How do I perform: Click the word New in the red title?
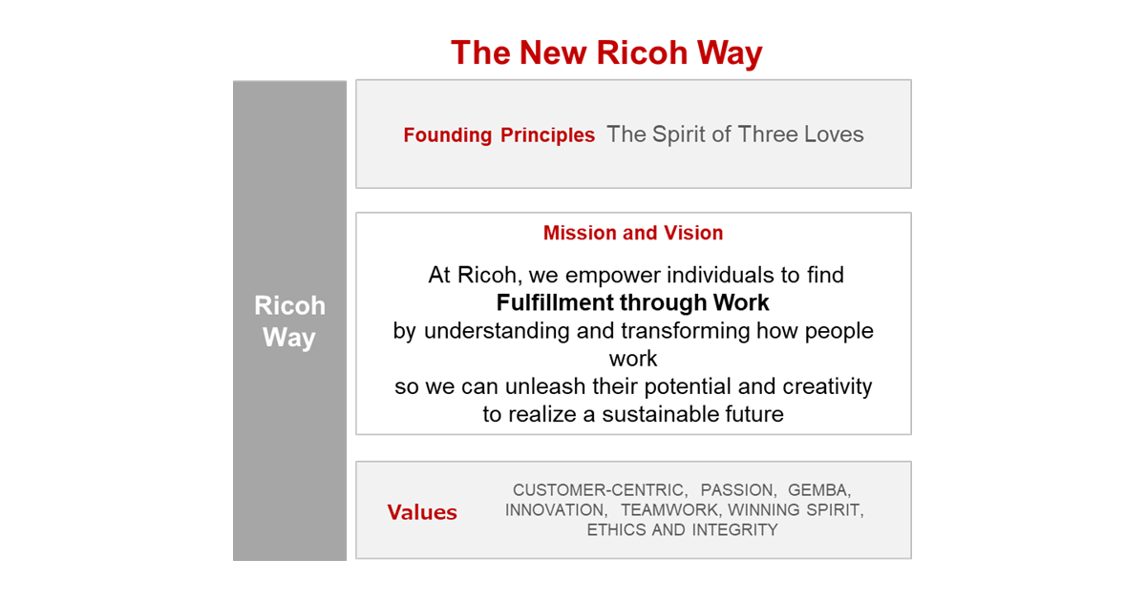pos(554,52)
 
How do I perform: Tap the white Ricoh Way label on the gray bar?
pos(289,321)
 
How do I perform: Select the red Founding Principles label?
pos(499,135)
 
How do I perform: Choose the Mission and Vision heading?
pos(633,233)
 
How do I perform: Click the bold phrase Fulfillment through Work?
pos(633,303)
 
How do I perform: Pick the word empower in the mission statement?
pos(607,276)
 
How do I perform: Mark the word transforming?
pos(688,331)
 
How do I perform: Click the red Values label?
pos(422,513)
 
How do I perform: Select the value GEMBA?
pos(817,490)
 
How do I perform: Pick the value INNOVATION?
pos(555,510)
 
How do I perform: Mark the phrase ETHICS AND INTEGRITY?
pos(683,530)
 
